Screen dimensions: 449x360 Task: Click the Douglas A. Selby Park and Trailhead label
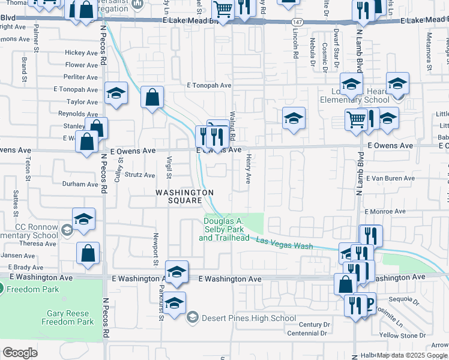pos(224,230)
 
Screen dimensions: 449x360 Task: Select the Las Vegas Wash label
pos(285,243)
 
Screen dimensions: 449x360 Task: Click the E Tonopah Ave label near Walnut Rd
pos(209,86)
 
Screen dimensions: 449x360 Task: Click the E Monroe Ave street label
pos(385,212)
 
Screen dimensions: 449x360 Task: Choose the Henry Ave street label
pos(248,169)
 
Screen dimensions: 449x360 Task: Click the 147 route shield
pos(297,22)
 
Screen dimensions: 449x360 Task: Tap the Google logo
pos(20,353)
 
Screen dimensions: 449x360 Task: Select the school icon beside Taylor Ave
pos(116,93)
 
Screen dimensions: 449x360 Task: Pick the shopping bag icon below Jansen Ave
pos(88,253)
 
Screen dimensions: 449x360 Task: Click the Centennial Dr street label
pos(309,333)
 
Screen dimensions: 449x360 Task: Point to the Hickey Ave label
pos(81,53)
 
